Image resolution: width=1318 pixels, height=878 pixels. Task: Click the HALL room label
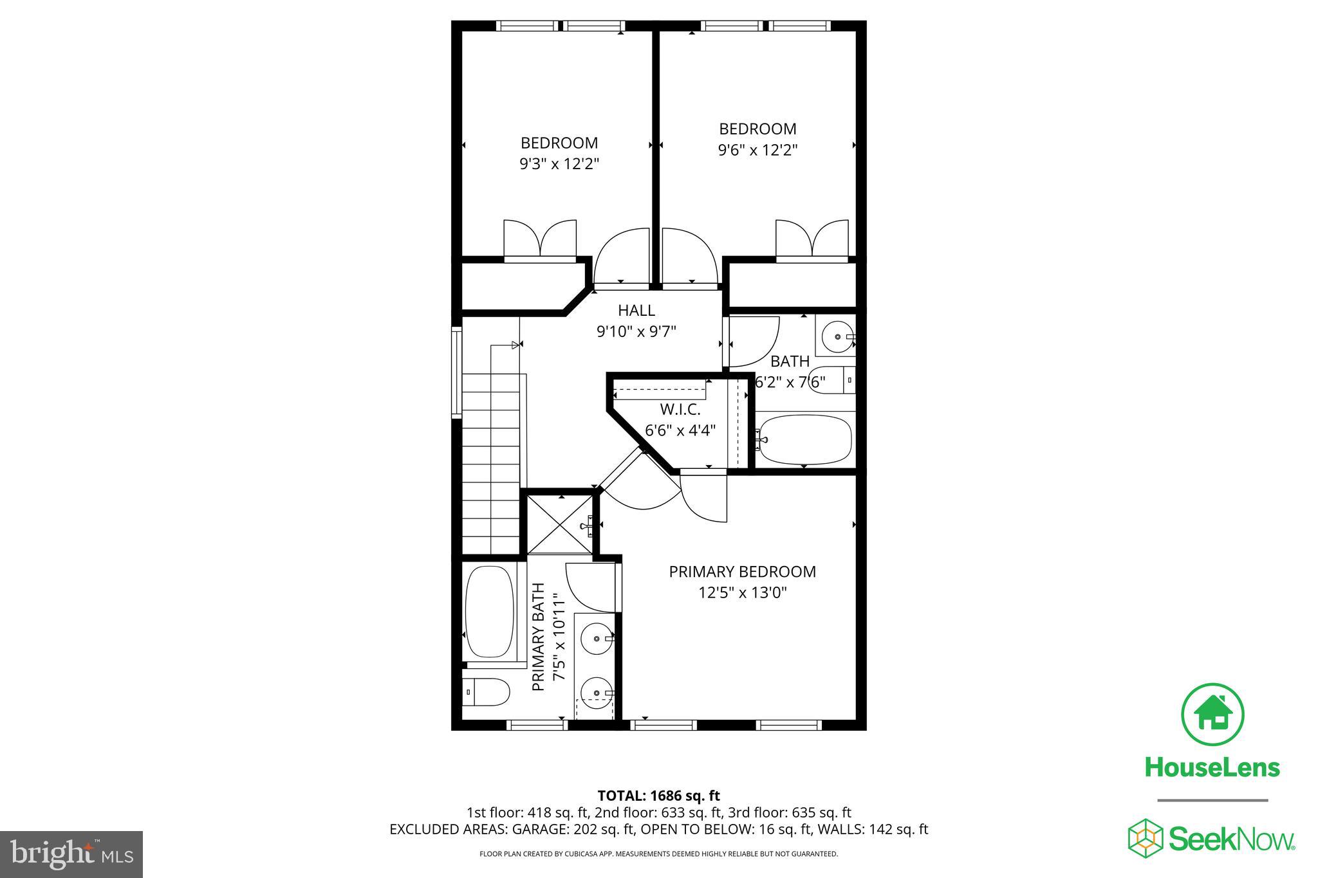[x=636, y=311]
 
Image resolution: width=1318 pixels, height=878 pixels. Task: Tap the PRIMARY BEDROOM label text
[x=742, y=572]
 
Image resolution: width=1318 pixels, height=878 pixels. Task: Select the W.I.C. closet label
[x=680, y=410]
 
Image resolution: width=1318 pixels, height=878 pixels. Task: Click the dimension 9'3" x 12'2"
[x=559, y=164]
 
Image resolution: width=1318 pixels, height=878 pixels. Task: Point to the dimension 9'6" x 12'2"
[x=757, y=151]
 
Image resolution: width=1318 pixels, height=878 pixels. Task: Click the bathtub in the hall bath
[x=805, y=440]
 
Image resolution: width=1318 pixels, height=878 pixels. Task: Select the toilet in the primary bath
[x=487, y=692]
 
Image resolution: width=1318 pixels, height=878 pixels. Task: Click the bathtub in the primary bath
[x=490, y=611]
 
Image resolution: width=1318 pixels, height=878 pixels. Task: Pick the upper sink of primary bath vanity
[x=597, y=639]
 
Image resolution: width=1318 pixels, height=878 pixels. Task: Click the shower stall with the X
[x=559, y=525]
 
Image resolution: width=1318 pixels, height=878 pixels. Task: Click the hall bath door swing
[x=752, y=341]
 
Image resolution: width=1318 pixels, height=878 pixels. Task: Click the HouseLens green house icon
[x=1212, y=715]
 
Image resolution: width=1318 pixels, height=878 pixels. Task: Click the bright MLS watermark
[x=71, y=854]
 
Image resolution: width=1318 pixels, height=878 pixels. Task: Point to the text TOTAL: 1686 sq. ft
[x=658, y=796]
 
